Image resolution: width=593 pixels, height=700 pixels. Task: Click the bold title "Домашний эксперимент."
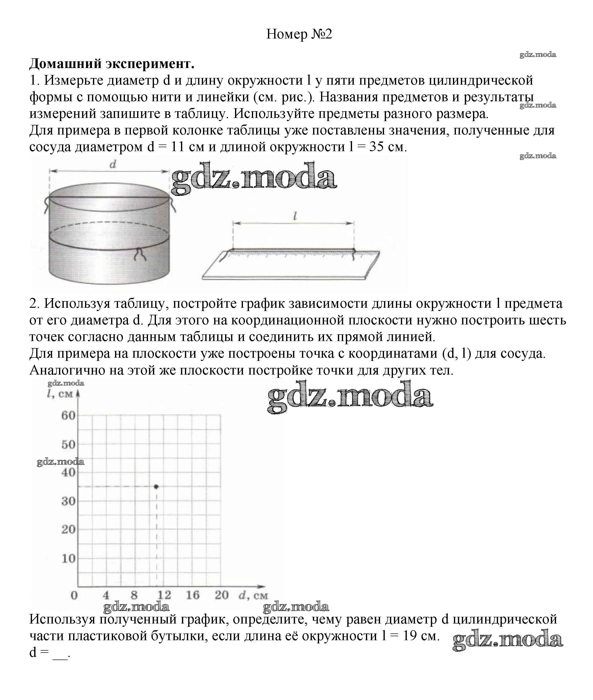112,64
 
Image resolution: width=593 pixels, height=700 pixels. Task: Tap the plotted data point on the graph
156,487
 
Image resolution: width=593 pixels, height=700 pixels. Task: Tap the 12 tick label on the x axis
164,595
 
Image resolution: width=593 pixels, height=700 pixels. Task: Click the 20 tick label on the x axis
222,595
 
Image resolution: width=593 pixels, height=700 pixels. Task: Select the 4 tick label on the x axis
106,595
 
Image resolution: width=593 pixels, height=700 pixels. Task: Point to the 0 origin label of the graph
74,595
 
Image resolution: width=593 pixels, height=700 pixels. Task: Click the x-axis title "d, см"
253,595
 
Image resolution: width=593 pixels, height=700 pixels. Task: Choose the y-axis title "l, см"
60,393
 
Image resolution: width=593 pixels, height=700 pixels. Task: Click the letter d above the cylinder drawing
113,165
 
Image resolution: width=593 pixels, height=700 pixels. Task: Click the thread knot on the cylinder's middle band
140,253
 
